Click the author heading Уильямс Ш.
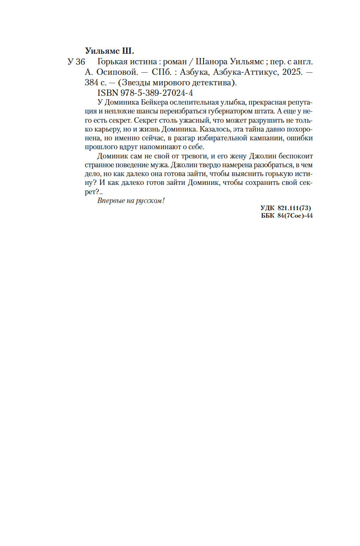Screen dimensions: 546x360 click(109, 52)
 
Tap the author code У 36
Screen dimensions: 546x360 click(76, 62)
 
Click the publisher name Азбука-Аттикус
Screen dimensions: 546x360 click(250, 73)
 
